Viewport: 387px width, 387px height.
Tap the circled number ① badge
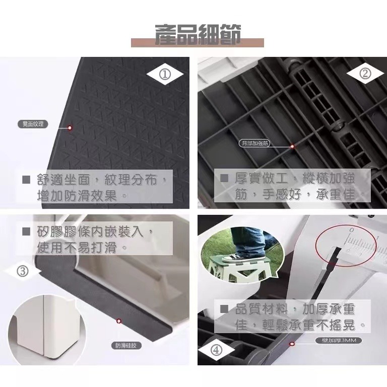click(165, 75)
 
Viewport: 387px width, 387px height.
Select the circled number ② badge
click(365, 74)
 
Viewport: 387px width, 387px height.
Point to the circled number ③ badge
click(22, 271)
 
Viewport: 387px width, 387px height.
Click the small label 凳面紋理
click(31, 123)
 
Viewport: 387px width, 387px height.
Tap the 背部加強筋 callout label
click(255, 143)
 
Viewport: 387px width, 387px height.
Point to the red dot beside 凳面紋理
click(70, 128)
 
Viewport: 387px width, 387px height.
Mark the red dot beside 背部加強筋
click(292, 146)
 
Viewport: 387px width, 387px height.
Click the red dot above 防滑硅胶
click(119, 320)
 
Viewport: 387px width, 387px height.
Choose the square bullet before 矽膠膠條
click(26, 232)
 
